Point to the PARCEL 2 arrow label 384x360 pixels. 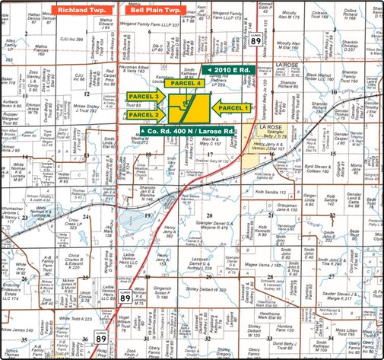click(144, 114)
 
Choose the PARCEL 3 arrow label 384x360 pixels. click(144, 97)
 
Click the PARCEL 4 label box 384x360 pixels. click(186, 82)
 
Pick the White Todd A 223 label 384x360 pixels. click(77, 319)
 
